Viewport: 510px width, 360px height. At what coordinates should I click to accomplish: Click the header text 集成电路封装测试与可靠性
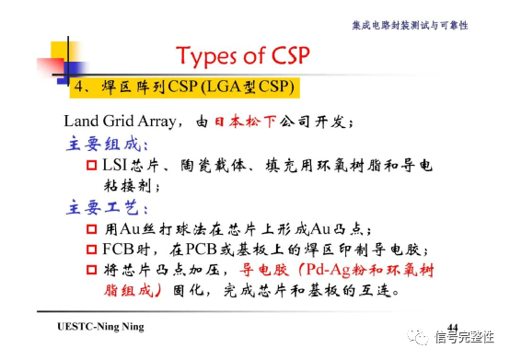pos(409,25)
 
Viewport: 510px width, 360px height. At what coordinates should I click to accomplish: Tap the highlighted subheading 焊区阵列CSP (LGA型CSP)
pos(183,88)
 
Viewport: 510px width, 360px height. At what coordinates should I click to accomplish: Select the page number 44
pos(452,328)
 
